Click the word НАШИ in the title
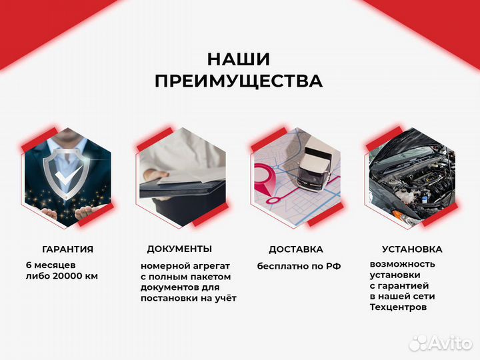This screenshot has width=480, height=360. pyautogui.click(x=238, y=59)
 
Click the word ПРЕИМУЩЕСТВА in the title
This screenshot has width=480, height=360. pyautogui.click(x=239, y=81)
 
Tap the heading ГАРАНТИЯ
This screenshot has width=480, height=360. pyautogui.click(x=67, y=249)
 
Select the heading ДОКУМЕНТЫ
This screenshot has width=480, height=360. pyautogui.click(x=179, y=249)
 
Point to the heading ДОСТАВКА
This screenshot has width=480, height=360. pyautogui.click(x=295, y=249)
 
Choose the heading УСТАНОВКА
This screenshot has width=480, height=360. pyautogui.click(x=411, y=249)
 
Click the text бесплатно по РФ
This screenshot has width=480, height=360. pyautogui.click(x=299, y=266)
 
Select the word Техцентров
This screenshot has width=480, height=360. pyautogui.click(x=398, y=307)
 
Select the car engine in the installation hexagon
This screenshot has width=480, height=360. pyautogui.click(x=410, y=183)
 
